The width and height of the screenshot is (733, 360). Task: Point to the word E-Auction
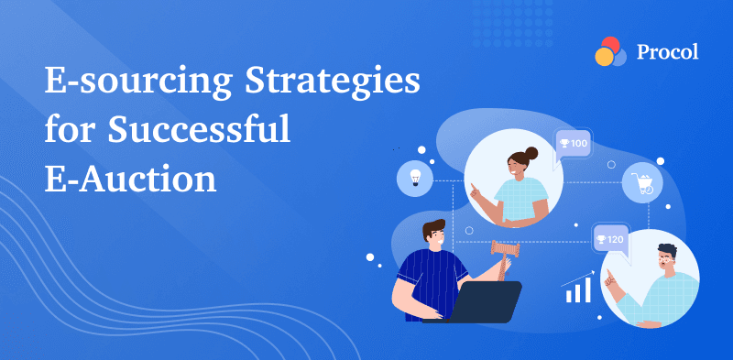[x=131, y=176]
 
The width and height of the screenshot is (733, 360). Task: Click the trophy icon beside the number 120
[x=601, y=240]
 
